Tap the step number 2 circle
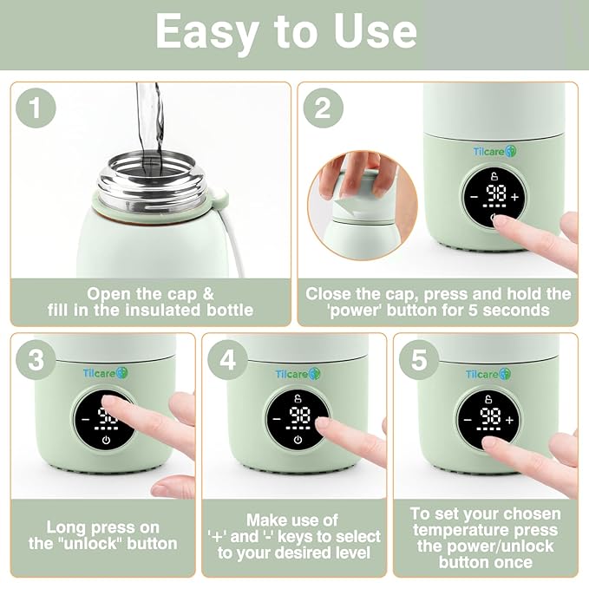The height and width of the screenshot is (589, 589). point(323,108)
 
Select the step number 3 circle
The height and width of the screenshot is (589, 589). point(36,360)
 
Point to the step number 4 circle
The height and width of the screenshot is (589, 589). point(227,360)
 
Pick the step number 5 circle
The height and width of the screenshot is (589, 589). point(419,360)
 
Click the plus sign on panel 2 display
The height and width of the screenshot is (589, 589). point(515,197)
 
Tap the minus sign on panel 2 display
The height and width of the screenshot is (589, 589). point(474,197)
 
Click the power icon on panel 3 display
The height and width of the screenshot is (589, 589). point(106,440)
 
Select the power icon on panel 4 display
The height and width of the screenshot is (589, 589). point(298,440)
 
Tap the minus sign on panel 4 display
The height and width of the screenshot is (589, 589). point(277,420)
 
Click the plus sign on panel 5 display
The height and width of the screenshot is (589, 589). point(510,420)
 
